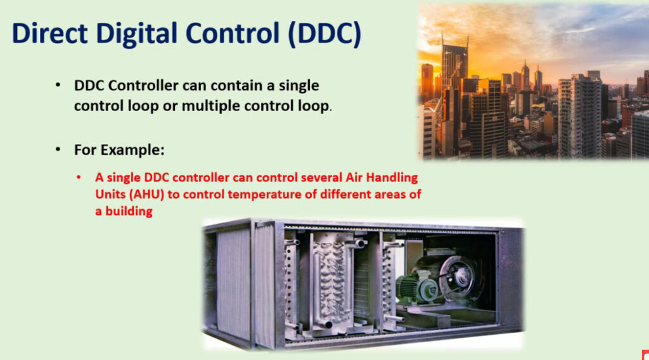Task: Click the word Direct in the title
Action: pos(50,33)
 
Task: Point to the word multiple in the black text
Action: pos(210,106)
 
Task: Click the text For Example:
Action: pos(119,150)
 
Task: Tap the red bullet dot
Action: pos(79,177)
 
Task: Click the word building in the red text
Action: pos(129,212)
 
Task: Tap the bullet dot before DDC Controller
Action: pos(58,85)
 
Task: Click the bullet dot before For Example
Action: pos(58,150)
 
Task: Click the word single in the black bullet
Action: pos(299,86)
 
